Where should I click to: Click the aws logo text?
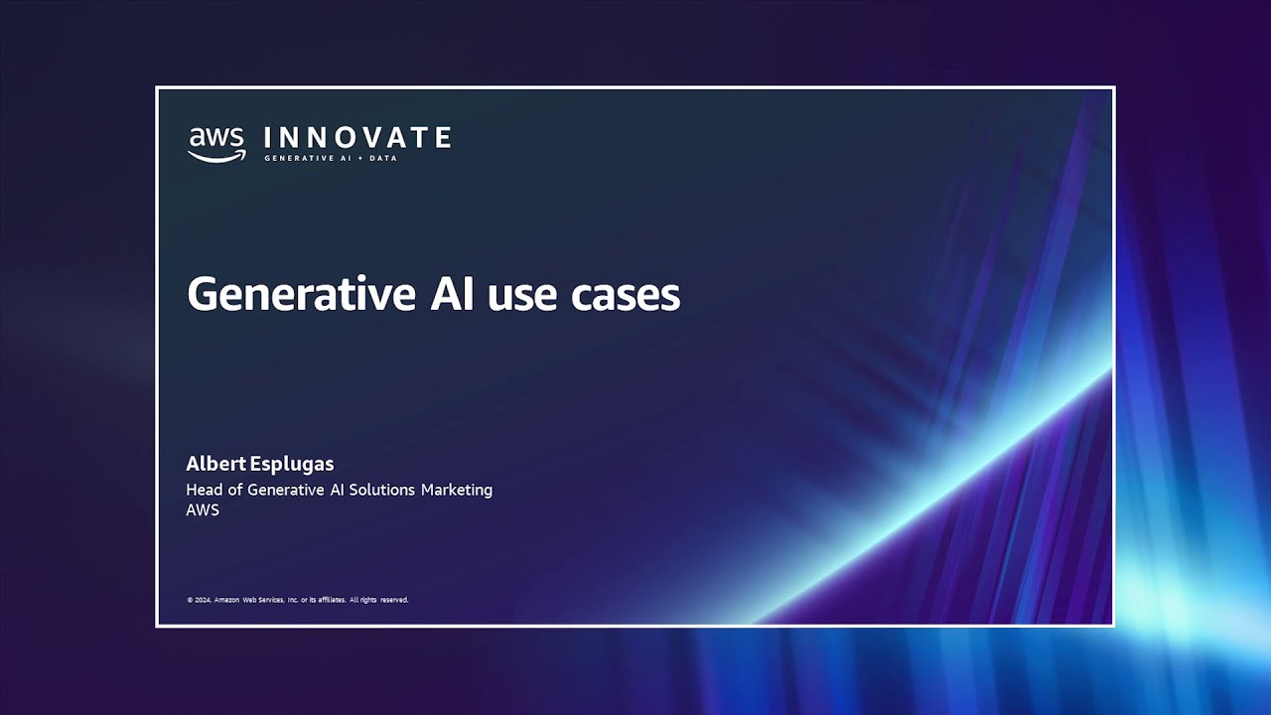(216, 138)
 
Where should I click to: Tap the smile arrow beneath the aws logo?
(217, 156)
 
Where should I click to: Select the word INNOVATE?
(357, 137)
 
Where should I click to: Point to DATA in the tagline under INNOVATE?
(383, 159)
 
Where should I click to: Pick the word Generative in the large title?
(302, 295)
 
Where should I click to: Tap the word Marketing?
(457, 491)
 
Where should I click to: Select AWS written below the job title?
(203, 510)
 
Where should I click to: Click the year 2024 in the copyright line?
(203, 600)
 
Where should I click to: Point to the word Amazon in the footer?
(227, 600)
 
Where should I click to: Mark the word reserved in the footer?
(394, 600)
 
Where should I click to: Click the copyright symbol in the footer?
(190, 600)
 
